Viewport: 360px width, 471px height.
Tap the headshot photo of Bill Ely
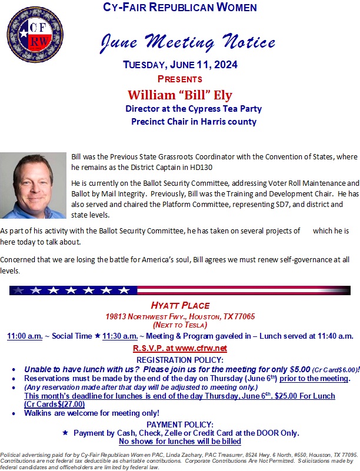34,186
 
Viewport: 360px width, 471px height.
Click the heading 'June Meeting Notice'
188,41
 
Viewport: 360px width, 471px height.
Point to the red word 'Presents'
179,79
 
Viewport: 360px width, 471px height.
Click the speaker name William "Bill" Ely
180,95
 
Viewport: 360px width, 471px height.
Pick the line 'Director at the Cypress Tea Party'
194,109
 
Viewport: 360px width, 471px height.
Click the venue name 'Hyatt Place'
180,305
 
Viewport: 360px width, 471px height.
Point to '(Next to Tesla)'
180,325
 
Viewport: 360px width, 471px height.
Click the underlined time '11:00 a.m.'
25,336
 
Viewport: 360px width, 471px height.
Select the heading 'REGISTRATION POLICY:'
180,359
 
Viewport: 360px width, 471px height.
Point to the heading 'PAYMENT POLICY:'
180,424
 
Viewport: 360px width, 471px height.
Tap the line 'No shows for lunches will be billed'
180,441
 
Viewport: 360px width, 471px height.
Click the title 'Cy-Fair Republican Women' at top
180,8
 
